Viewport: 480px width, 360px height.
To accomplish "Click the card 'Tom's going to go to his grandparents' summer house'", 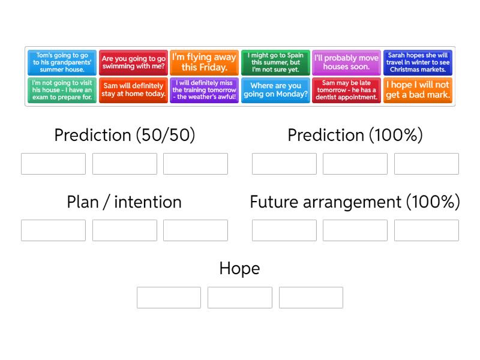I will tap(62, 62).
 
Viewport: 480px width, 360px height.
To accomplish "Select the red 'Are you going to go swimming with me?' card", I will tap(133, 62).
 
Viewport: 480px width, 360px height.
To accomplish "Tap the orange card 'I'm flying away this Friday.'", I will tap(204, 62).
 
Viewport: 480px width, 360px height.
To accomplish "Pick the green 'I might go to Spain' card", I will tap(275, 62).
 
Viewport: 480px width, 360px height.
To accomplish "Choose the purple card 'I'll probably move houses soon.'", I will tap(346, 62).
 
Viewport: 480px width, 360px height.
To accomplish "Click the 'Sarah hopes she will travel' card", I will tap(418, 62).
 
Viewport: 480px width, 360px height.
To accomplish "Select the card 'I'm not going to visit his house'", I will tap(62, 90).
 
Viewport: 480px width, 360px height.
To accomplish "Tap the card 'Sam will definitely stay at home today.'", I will tap(133, 90).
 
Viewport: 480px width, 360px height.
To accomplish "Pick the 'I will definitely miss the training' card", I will tap(204, 90).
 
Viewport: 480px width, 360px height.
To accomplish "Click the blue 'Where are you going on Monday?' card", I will tap(275, 90).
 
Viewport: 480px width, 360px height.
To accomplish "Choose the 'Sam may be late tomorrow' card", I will tap(346, 90).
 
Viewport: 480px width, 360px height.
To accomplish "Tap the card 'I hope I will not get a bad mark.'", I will tap(418, 90).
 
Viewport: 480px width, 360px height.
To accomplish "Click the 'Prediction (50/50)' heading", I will tap(124, 135).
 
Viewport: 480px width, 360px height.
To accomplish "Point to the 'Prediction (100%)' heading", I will tap(355, 135).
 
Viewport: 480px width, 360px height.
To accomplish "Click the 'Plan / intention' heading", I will tap(124, 202).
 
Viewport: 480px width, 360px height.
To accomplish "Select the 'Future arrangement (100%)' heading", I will tap(355, 202).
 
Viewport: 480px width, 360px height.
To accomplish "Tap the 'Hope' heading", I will tap(239, 268).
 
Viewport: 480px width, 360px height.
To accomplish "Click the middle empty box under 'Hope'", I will tap(239, 298).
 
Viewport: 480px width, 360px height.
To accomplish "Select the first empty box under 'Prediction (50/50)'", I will tap(53, 164).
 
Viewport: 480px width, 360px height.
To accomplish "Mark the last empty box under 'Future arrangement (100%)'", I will tap(426, 230).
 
